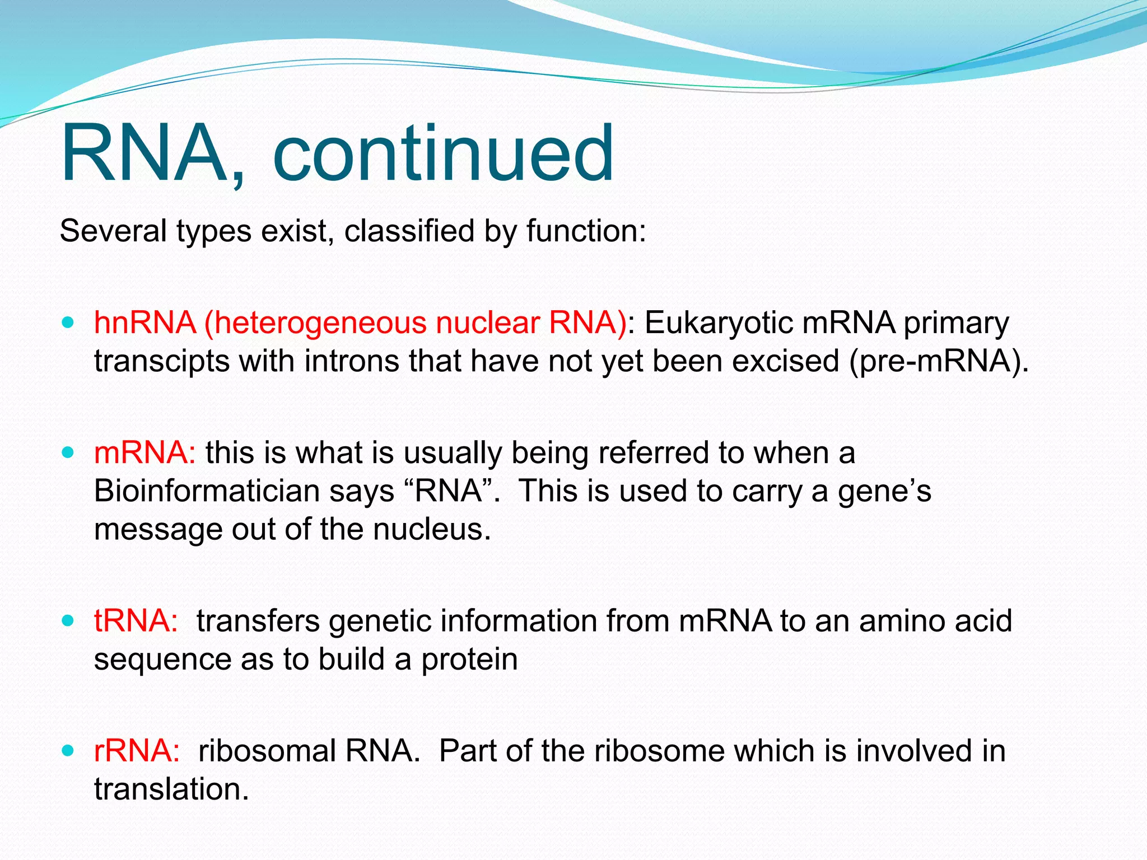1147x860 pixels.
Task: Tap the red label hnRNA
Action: tap(144, 323)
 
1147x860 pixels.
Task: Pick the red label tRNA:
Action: tap(136, 621)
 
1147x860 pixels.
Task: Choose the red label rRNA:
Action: tap(137, 751)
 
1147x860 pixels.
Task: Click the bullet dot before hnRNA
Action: tap(68, 323)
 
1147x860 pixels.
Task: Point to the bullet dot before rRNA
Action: tap(68, 751)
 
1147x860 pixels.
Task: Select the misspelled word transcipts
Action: tap(161, 361)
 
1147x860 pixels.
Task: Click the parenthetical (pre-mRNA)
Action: tap(939, 361)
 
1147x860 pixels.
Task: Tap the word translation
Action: tap(171, 789)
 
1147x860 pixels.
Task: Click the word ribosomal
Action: tap(267, 751)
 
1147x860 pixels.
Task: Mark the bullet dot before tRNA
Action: tap(68, 621)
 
